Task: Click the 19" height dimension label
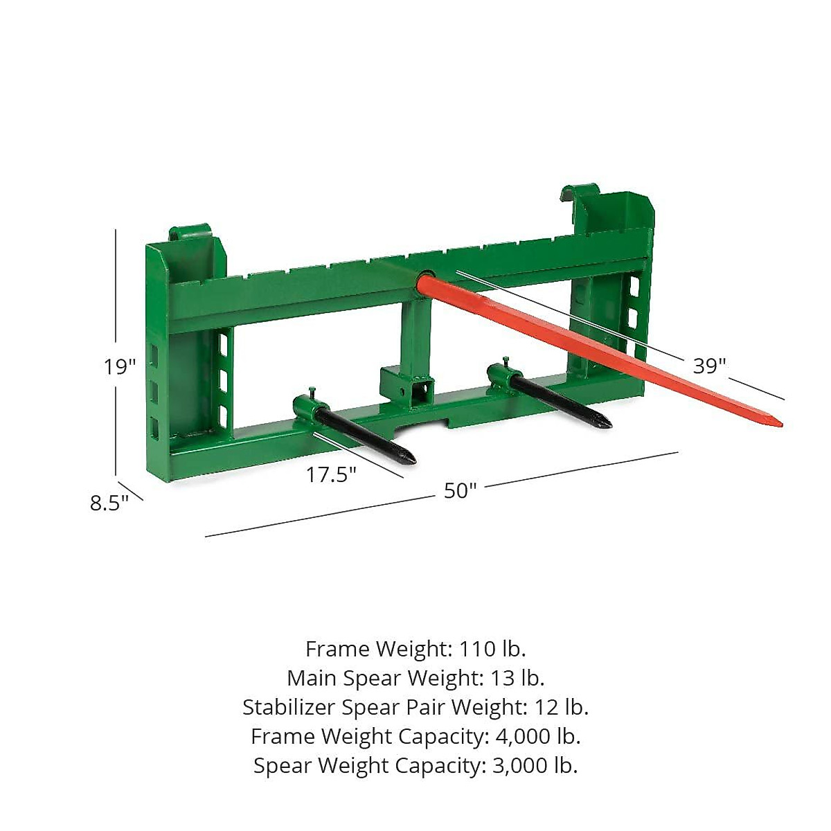coord(120,366)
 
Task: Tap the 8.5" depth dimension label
coord(109,503)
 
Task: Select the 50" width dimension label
coord(461,490)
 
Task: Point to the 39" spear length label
coord(709,366)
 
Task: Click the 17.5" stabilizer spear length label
coord(331,475)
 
